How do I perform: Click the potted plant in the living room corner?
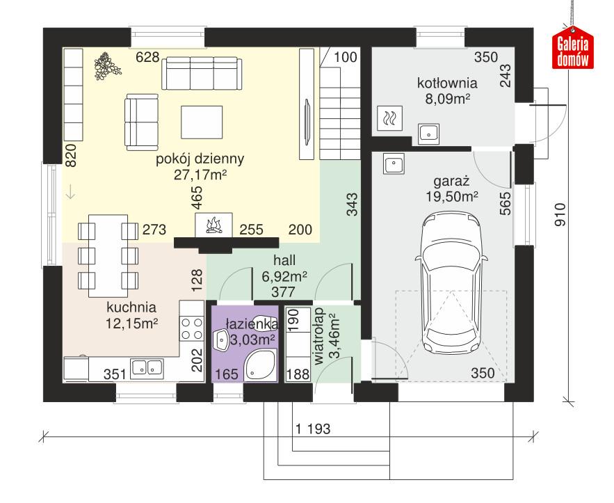[105, 65]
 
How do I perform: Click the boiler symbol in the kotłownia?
[388, 118]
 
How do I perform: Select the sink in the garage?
[394, 165]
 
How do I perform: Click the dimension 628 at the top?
[147, 57]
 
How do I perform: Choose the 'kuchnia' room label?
[131, 306]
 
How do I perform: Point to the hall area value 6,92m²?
[284, 276]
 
